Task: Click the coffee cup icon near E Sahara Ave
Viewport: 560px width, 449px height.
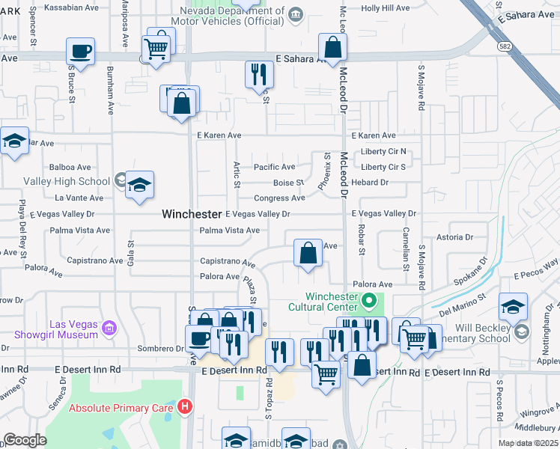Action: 81,52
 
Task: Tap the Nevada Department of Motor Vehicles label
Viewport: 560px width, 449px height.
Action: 232,16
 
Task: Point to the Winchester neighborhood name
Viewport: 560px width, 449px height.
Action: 192,214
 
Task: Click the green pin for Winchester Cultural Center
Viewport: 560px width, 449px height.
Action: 368,302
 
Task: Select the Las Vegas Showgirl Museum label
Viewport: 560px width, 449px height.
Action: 73,329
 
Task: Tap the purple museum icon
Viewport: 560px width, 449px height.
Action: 110,328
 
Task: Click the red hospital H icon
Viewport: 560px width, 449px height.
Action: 186,408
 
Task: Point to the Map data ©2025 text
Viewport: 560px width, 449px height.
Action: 528,443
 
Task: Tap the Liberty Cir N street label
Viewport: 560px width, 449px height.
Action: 383,152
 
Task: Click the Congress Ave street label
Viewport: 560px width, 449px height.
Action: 279,198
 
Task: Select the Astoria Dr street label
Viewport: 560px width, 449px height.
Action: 455,237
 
